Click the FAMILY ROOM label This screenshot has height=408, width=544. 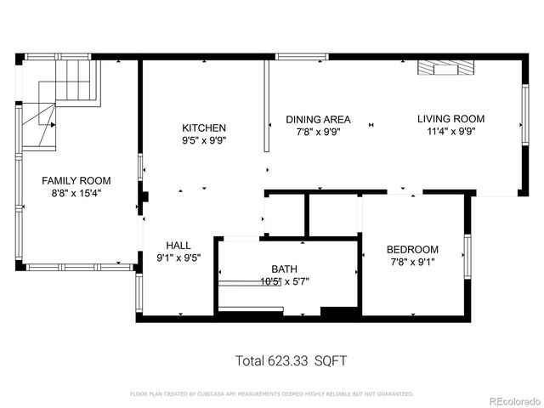(76, 181)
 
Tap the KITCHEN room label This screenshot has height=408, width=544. (204, 127)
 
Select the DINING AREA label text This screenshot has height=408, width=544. (318, 120)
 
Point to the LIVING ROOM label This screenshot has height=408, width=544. (450, 119)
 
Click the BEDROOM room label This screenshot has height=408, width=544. (412, 249)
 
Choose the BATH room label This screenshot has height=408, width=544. (284, 269)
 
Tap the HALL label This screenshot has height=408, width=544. (178, 244)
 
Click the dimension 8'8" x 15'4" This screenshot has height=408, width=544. (76, 194)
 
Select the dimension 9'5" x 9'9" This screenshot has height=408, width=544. (204, 140)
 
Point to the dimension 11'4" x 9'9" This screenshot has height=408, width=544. (450, 132)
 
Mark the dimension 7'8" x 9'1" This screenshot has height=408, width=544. (412, 262)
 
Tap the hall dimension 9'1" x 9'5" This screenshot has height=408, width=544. (178, 257)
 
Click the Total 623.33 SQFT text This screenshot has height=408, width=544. (291, 361)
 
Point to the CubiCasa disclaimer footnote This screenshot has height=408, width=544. (272, 394)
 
